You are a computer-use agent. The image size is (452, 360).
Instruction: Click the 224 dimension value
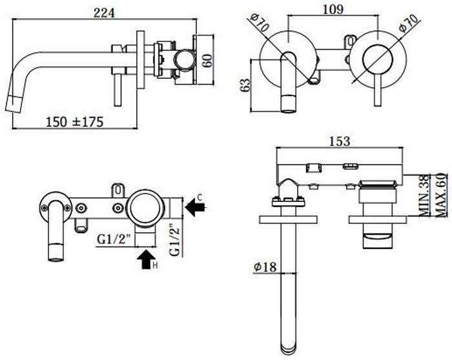click(x=104, y=13)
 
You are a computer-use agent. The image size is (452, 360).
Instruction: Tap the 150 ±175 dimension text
click(x=75, y=122)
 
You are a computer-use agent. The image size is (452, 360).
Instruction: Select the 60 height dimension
click(x=207, y=60)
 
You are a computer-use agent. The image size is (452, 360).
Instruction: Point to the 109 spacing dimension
click(x=333, y=9)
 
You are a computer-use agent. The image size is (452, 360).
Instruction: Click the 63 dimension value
click(x=245, y=85)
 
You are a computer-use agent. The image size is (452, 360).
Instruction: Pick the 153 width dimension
click(x=339, y=141)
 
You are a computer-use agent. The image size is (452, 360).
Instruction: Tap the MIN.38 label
click(x=424, y=197)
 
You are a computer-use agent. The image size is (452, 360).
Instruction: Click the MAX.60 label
click(x=441, y=195)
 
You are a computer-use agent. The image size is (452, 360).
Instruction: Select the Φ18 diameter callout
click(x=265, y=266)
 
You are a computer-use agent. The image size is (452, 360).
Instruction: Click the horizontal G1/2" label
click(x=114, y=239)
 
